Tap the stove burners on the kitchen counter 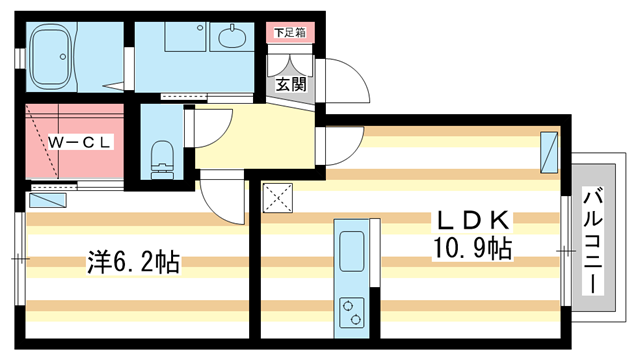[x=352, y=311]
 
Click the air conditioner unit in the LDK [x=548, y=151]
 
